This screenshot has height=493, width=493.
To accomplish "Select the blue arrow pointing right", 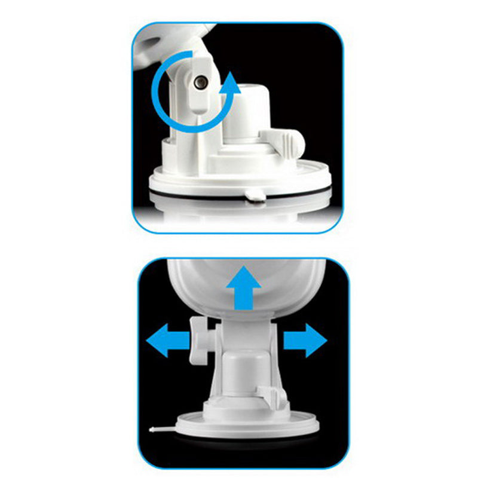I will click(x=305, y=341).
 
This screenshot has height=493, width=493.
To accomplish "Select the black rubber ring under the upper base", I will click(x=239, y=194).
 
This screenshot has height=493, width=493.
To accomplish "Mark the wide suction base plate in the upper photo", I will click(x=239, y=179).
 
